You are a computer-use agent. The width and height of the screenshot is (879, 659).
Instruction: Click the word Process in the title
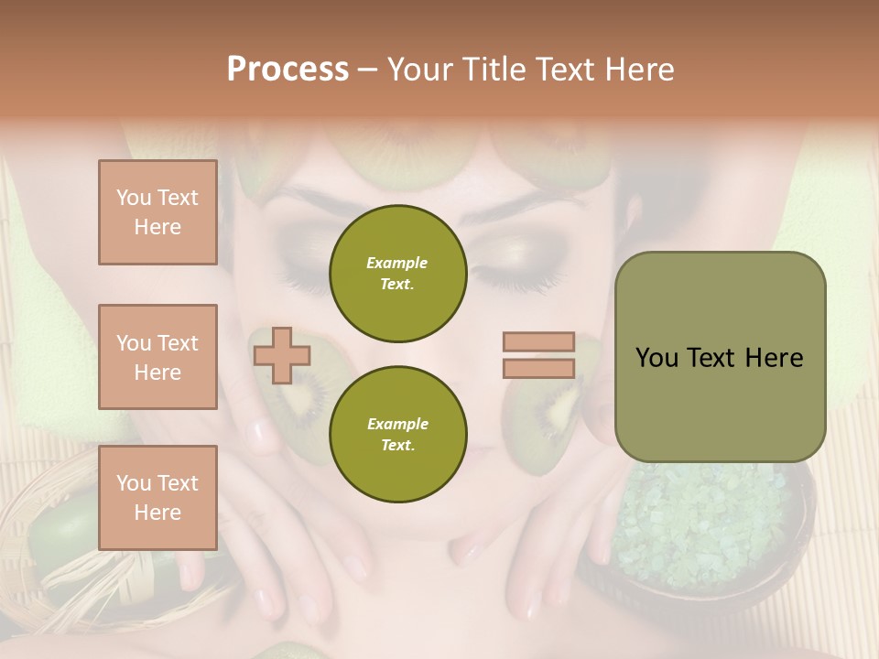[x=288, y=70]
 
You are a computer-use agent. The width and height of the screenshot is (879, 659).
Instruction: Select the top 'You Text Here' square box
[x=157, y=212]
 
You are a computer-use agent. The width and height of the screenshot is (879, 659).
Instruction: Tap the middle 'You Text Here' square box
[x=157, y=357]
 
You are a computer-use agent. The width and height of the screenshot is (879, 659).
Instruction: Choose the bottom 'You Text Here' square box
[x=157, y=497]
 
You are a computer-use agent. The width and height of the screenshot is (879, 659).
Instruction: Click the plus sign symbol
[x=281, y=355]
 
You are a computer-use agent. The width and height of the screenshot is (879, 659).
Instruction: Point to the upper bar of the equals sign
[x=539, y=341]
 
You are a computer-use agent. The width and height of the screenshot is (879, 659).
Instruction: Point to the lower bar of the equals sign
[x=539, y=368]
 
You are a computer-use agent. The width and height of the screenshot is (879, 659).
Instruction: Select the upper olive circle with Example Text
[x=398, y=273]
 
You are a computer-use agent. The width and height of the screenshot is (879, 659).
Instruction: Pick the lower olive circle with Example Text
[x=398, y=434]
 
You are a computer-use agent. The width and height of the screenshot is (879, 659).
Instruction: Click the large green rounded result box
[x=720, y=357]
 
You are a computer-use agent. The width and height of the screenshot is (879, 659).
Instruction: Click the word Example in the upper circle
[x=397, y=263]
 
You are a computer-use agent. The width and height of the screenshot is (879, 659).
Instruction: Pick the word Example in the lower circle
[x=397, y=424]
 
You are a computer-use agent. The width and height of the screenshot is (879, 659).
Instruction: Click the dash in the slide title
[x=368, y=70]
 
